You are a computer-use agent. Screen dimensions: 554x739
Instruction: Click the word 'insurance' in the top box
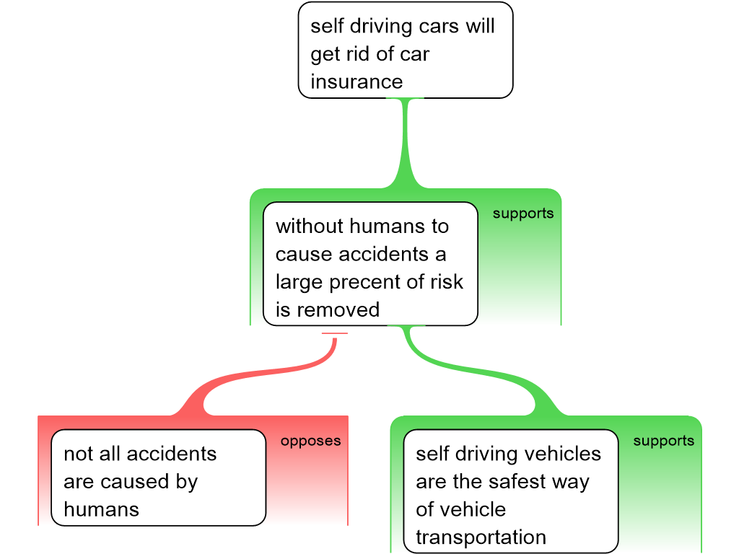[357, 82]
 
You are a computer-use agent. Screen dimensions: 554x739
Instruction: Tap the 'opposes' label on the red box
[310, 441]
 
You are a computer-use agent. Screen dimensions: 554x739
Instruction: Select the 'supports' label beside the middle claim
[523, 214]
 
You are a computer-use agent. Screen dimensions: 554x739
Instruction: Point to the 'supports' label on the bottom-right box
[663, 441]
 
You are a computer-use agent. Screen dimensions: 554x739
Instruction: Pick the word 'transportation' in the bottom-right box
[481, 537]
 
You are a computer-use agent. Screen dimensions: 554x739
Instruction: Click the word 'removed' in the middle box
[338, 310]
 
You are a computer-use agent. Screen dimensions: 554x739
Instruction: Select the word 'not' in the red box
[78, 454]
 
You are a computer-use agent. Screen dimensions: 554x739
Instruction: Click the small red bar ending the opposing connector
[334, 333]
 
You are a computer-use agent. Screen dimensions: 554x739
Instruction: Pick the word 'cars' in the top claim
[437, 27]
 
